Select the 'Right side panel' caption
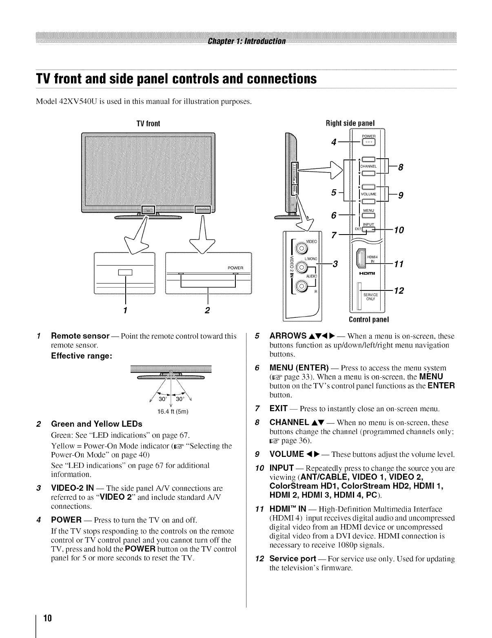[x=350, y=123]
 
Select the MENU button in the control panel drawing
[x=368, y=216]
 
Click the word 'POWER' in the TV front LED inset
[x=235, y=268]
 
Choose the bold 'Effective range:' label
[x=82, y=356]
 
